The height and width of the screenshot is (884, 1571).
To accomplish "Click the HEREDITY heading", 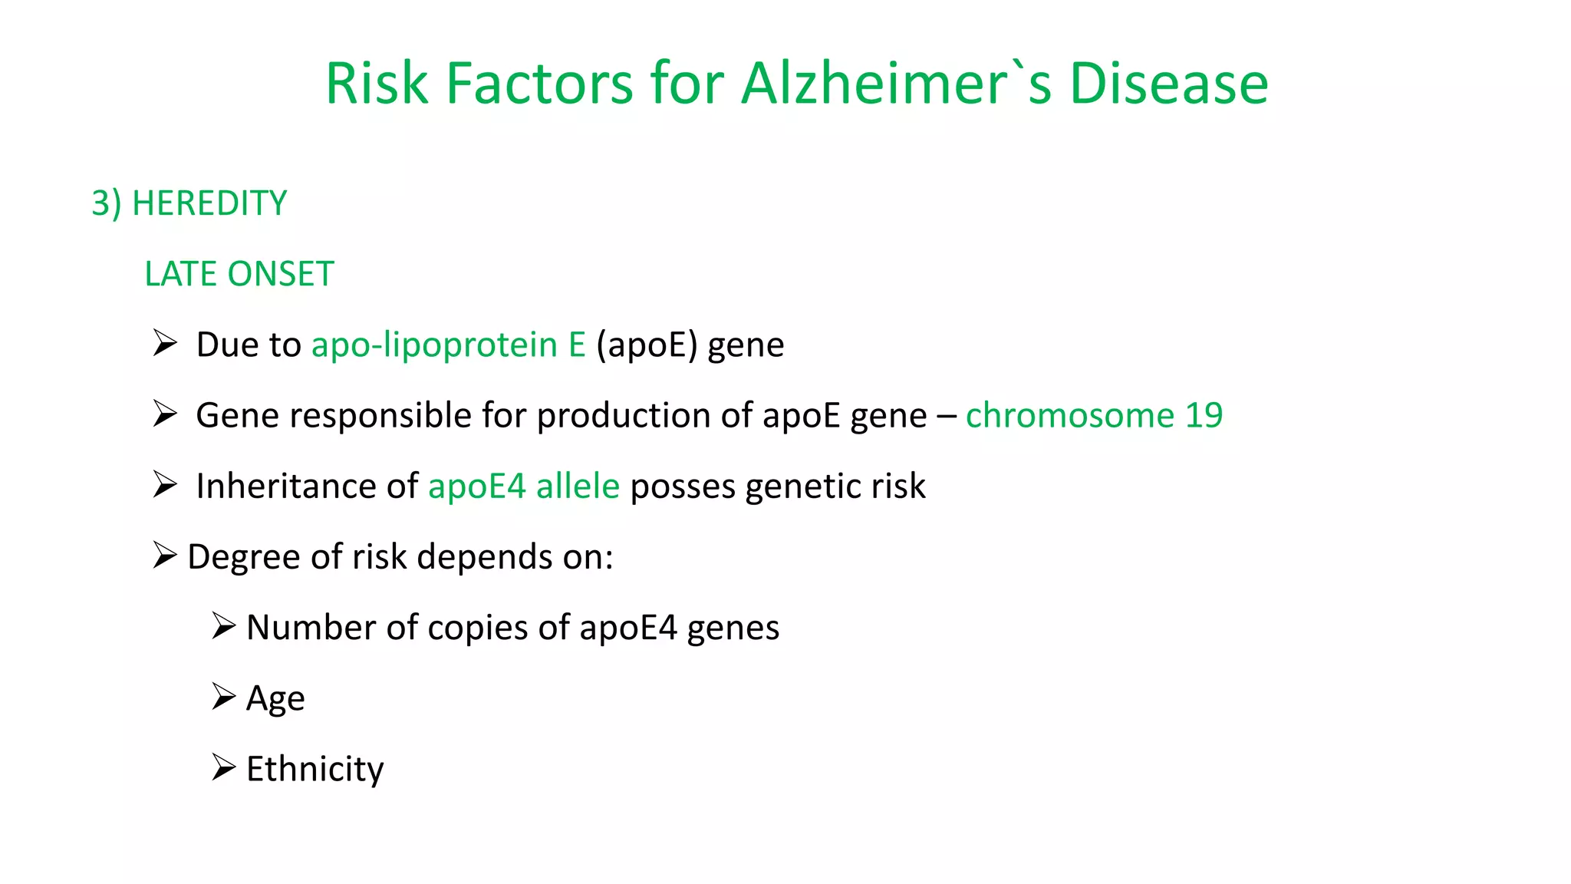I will coord(209,204).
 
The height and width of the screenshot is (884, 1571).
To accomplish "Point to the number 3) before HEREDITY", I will coord(106,204).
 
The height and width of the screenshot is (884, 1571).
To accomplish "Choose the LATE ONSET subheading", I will coord(239,275).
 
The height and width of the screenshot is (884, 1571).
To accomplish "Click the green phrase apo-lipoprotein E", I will coord(448,345).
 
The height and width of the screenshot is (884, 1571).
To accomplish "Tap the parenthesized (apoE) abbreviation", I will coord(647,345).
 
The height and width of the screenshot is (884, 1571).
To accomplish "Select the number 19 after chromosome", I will coord(1204,415).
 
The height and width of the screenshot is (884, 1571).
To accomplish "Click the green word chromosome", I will coord(1070,415).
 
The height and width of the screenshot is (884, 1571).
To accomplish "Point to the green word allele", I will coord(578,487).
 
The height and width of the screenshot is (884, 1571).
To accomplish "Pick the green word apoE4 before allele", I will coord(476,487).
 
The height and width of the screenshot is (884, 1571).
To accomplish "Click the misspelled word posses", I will coord(682,487).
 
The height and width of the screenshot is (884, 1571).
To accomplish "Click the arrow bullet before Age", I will coord(223,697).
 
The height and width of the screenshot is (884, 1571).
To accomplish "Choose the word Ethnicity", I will coord(315,769).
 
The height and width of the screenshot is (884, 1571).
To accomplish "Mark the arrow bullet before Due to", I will coord(164,343).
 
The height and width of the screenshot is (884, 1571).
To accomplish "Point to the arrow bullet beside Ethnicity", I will coord(223,767).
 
